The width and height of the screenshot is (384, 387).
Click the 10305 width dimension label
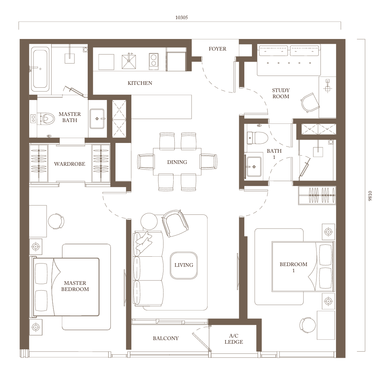(182, 18)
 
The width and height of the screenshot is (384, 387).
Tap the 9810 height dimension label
(370, 196)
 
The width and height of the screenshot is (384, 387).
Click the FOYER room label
(217, 49)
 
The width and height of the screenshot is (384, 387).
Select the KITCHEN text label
(140, 83)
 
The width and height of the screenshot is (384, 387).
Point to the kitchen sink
(129, 61)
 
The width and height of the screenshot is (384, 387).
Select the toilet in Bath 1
(257, 138)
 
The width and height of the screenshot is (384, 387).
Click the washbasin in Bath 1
(254, 166)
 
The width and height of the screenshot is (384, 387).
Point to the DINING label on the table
(177, 162)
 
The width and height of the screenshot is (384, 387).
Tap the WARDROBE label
(70, 164)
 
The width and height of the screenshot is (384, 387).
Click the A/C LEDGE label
(234, 339)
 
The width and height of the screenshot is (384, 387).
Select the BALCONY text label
(166, 338)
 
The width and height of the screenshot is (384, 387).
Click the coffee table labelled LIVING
(184, 265)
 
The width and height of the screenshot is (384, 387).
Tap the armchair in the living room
(175, 223)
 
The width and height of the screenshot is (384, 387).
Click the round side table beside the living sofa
(149, 221)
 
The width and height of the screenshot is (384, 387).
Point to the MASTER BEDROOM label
(75, 286)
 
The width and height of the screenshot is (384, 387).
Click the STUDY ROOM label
(281, 93)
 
